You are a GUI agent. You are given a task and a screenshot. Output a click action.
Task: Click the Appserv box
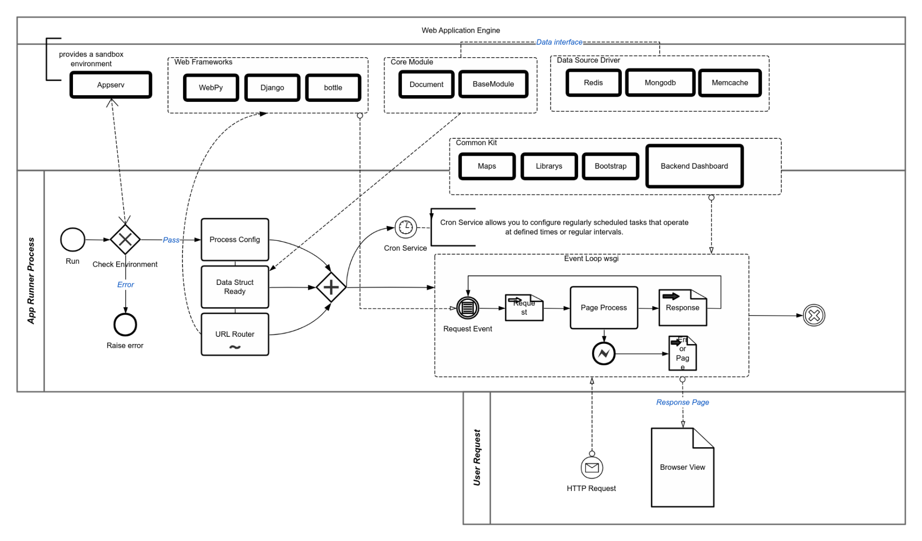point(110,85)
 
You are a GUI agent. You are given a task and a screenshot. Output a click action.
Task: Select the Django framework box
point(272,87)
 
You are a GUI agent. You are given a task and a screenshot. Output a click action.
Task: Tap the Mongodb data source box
point(660,83)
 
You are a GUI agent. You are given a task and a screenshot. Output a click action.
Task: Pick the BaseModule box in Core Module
point(493,84)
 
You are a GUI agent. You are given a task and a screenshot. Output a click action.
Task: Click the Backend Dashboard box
point(694,166)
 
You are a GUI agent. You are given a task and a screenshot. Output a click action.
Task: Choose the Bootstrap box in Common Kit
point(610,166)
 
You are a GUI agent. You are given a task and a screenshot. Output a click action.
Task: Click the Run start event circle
point(73,240)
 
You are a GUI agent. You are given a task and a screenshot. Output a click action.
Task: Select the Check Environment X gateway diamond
point(125,239)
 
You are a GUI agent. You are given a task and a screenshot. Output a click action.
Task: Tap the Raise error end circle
point(125,325)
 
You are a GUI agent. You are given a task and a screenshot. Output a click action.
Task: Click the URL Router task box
point(235,334)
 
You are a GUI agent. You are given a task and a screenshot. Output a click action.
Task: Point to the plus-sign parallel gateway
point(331,287)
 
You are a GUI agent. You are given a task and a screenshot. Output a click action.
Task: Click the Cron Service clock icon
point(406,227)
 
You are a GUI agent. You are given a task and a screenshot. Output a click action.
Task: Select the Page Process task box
point(604,308)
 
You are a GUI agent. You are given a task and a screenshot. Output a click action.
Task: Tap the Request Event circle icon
point(467,308)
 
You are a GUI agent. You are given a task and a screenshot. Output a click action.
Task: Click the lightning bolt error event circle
point(604,354)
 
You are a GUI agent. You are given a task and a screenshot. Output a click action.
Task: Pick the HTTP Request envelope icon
point(592,467)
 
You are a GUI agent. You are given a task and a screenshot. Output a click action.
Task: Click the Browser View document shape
point(682,467)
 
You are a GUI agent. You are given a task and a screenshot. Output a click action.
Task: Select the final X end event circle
point(814,316)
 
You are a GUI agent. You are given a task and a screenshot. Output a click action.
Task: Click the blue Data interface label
point(559,42)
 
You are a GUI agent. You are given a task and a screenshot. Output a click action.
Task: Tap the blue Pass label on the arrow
point(171,240)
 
